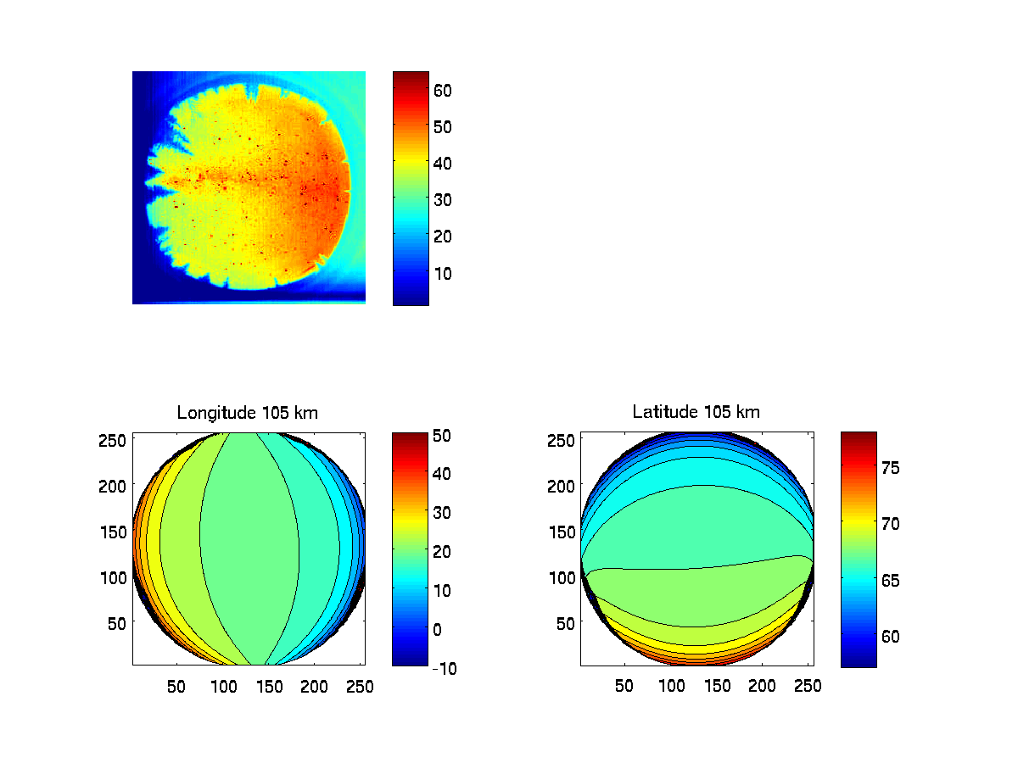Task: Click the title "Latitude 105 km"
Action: pyautogui.click(x=696, y=412)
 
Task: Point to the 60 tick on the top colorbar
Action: pyautogui.click(x=443, y=90)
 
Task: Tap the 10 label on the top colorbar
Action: pyautogui.click(x=443, y=273)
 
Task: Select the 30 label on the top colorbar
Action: pyautogui.click(x=443, y=200)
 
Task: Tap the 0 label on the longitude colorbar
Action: pyautogui.click(x=437, y=629)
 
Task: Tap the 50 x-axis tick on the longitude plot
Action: pyautogui.click(x=176, y=685)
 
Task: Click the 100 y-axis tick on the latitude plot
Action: pyautogui.click(x=563, y=576)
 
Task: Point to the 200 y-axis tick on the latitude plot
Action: pyautogui.click(x=563, y=485)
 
